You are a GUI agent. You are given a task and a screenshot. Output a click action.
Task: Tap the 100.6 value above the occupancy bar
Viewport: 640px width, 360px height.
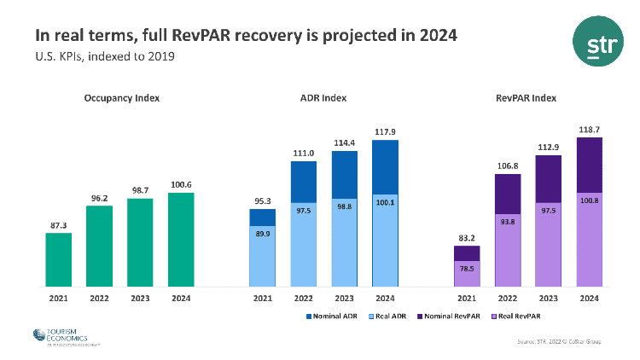181,183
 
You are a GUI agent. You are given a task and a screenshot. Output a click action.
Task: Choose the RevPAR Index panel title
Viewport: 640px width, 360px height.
526,98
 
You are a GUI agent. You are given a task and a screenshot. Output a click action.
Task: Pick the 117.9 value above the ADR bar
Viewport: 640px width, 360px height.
385,131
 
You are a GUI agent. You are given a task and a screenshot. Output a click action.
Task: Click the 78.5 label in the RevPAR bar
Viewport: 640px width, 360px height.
467,268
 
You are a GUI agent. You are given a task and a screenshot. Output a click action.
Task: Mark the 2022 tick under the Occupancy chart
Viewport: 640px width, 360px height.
99,299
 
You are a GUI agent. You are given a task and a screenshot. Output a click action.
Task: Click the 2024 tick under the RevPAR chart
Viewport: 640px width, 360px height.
589,299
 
